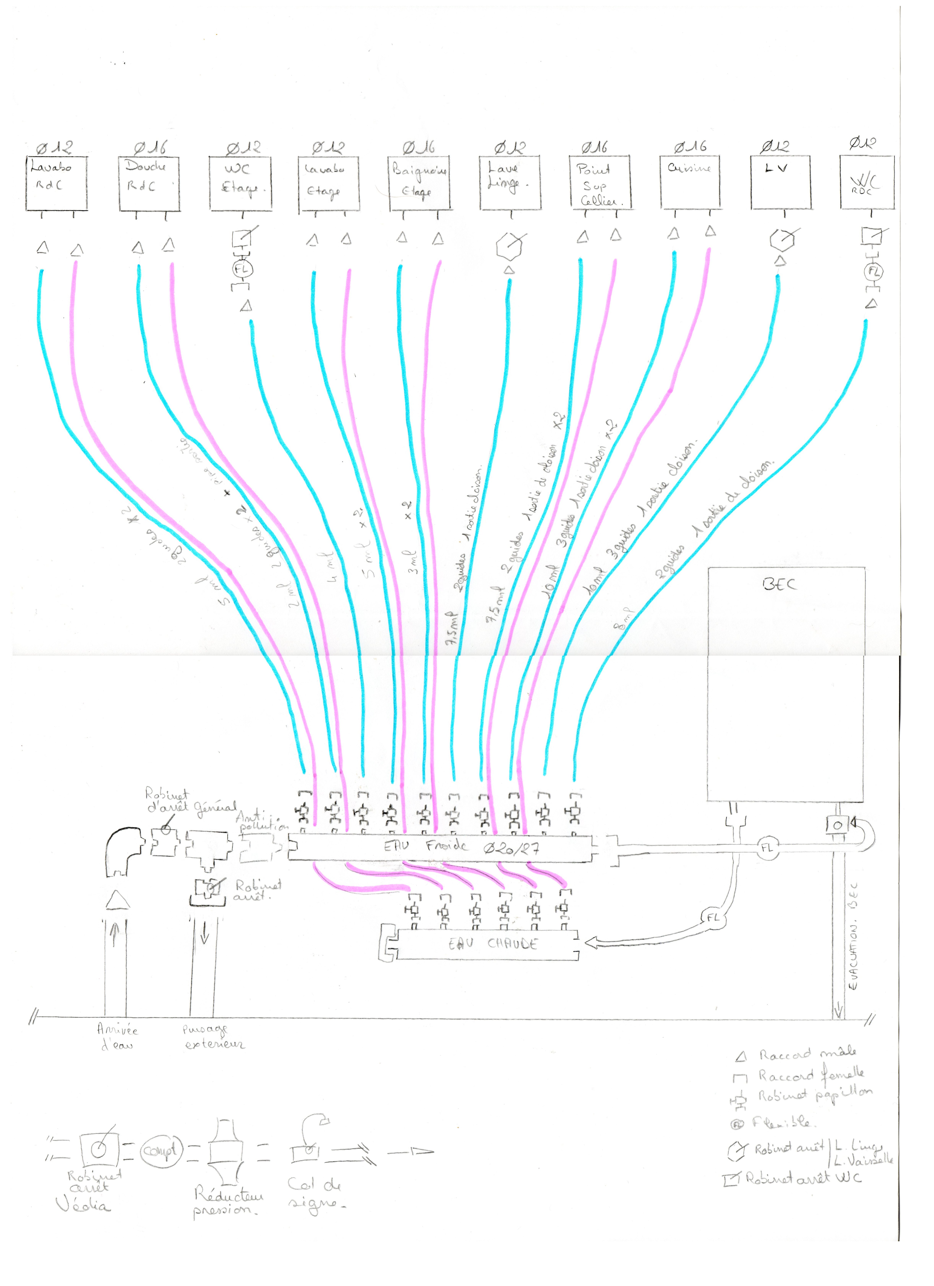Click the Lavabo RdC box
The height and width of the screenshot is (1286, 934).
[x=57, y=183]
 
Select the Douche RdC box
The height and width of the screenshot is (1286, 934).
[x=149, y=183]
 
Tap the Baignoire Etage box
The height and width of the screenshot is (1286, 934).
[x=419, y=183]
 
